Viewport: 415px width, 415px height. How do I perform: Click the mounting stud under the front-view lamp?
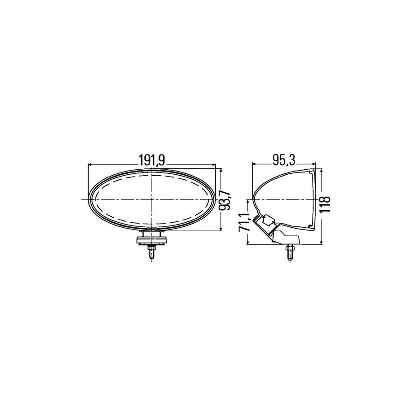click(x=152, y=253)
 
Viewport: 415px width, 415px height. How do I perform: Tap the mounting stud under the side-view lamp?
click(x=290, y=252)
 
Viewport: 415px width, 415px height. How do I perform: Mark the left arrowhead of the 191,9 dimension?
click(x=90, y=164)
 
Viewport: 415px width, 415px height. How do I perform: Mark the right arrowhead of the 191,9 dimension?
click(x=213, y=164)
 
